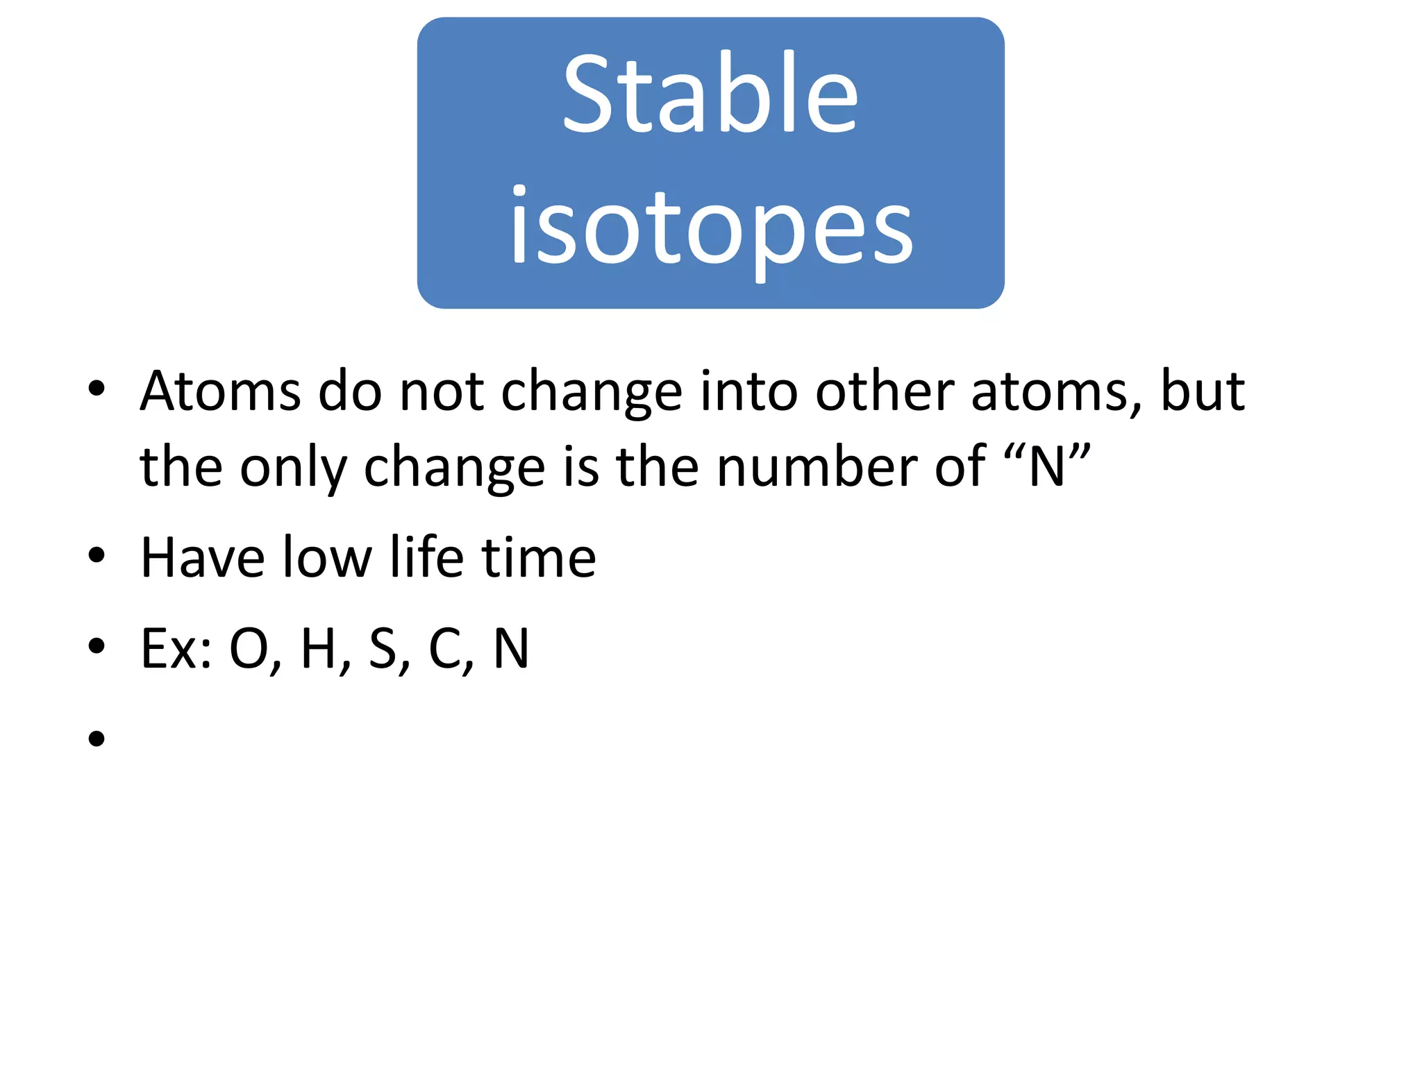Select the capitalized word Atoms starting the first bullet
click(x=220, y=391)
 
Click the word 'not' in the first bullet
click(x=442, y=391)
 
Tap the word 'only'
click(x=292, y=467)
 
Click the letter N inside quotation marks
click(x=1046, y=467)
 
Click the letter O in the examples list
click(x=249, y=649)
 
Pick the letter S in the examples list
click(x=383, y=649)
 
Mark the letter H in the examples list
click(x=319, y=649)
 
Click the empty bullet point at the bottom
click(x=97, y=738)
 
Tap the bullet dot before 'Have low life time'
click(x=97, y=555)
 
